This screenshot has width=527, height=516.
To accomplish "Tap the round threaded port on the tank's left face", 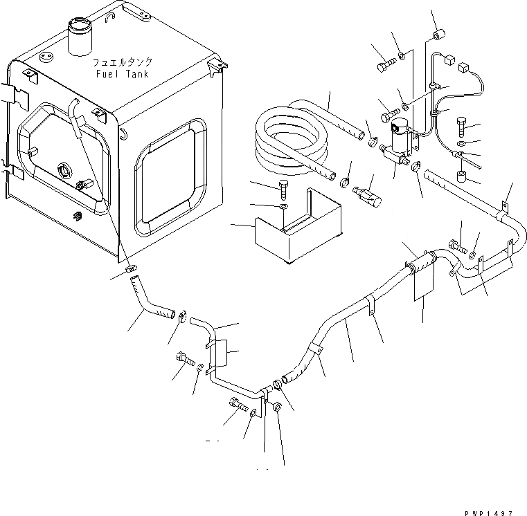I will point(64,169).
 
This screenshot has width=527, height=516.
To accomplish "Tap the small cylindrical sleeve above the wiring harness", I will point(438,35).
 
